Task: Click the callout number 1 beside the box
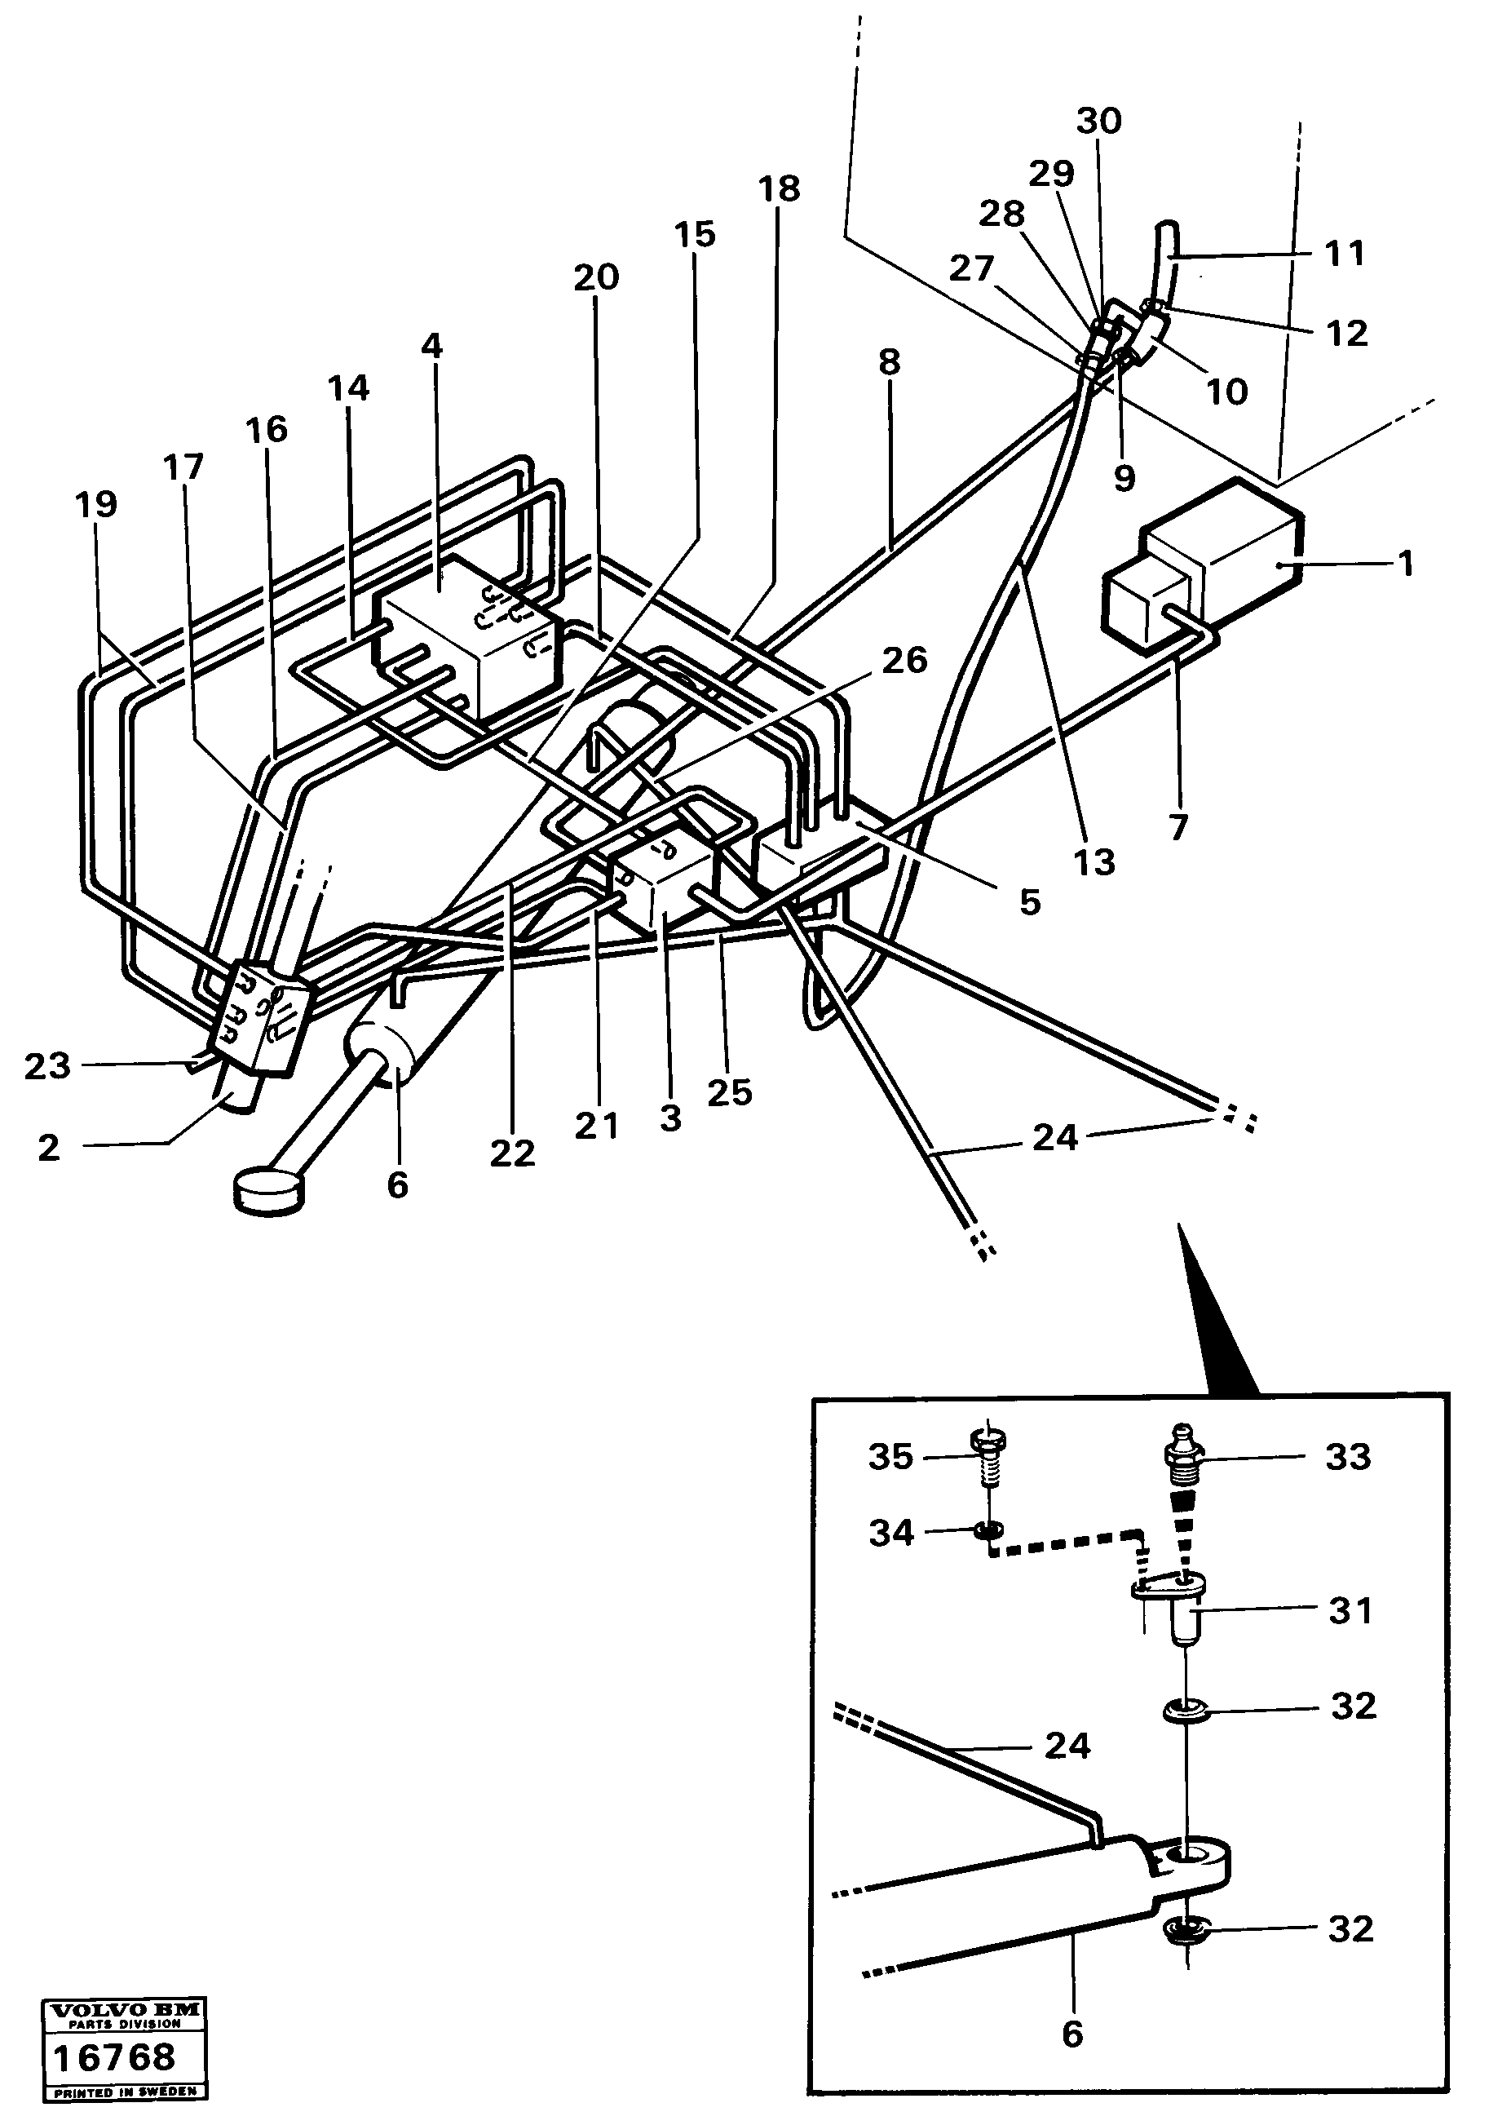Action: (x=1406, y=564)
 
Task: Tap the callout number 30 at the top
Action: (x=1099, y=122)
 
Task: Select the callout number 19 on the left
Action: (x=96, y=505)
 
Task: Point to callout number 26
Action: (x=904, y=661)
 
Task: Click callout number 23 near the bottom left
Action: (x=47, y=1066)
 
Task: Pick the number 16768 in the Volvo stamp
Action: (x=114, y=2057)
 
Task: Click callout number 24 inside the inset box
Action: (x=1067, y=1746)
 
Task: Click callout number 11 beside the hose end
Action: (x=1344, y=253)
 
